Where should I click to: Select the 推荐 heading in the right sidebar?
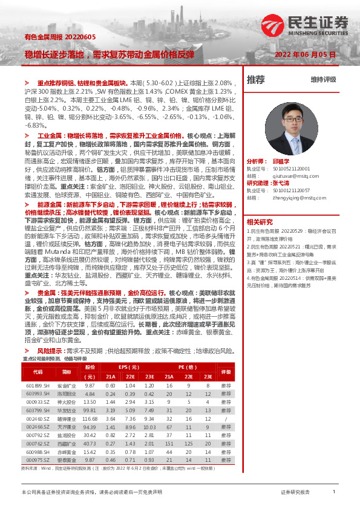pyautogui.click(x=256, y=79)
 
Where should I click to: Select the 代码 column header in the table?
pyautogui.click(x=38, y=372)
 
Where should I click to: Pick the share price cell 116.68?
pyautogui.click(x=90, y=418)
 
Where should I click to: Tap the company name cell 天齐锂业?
pyautogui.click(x=67, y=426)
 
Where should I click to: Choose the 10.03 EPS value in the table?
pyautogui.click(x=147, y=426)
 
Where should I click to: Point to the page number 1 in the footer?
pyautogui.click(x=333, y=493)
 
